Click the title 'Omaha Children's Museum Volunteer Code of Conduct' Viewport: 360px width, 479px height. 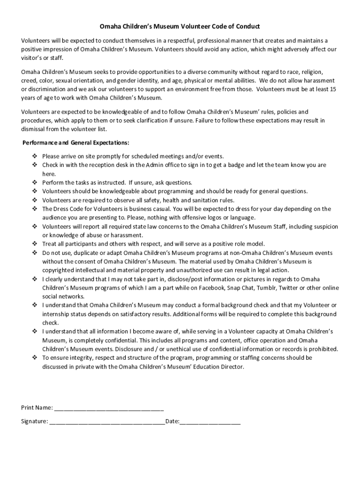tap(180, 27)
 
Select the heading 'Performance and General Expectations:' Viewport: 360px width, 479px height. tap(76, 142)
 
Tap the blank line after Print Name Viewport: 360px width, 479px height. tap(109, 407)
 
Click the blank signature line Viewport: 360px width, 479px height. tap(107, 421)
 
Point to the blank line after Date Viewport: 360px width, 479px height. tap(210, 421)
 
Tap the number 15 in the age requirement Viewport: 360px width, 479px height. tap(332, 89)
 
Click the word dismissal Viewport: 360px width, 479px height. tap(35, 129)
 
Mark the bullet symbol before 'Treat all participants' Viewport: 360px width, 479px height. tap(35, 244)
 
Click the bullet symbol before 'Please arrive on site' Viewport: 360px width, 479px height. tap(35, 156)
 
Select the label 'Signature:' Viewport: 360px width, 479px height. tap(34, 421)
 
